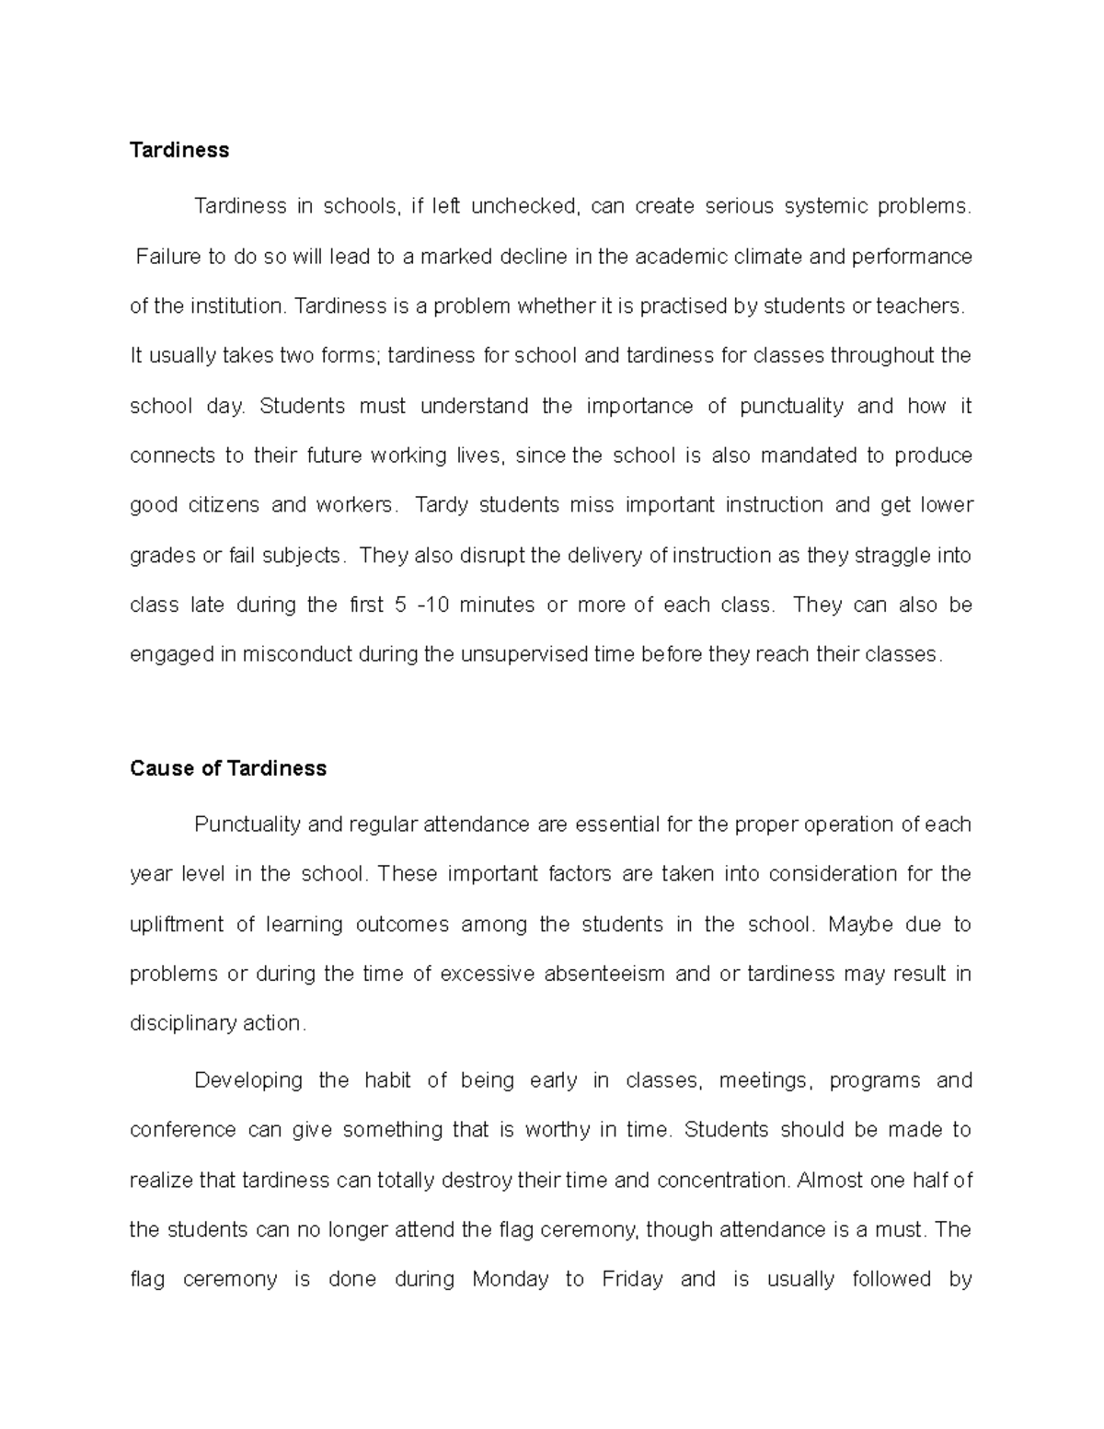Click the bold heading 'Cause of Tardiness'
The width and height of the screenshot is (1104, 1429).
click(x=228, y=768)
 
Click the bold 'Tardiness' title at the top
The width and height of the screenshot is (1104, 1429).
click(x=179, y=150)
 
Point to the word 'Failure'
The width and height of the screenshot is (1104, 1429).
click(x=167, y=257)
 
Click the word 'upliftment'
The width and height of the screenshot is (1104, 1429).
click(x=177, y=924)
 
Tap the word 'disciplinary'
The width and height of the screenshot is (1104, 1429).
click(x=183, y=1023)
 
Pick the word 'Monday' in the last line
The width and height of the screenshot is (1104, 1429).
click(x=510, y=1279)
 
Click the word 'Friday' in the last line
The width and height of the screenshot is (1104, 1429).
click(x=632, y=1279)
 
